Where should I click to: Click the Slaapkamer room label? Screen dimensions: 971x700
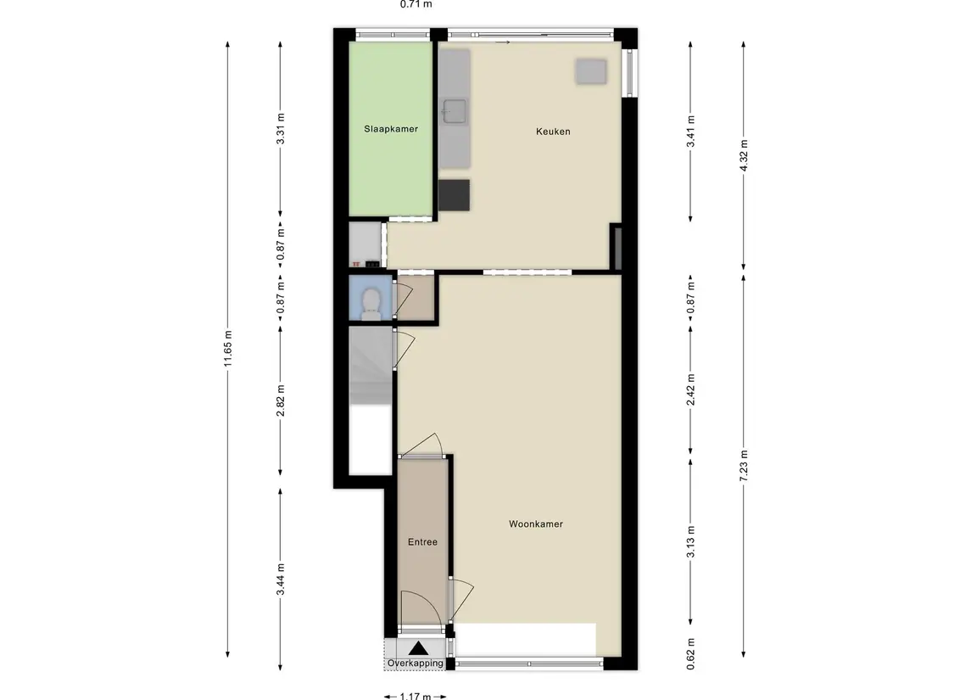391,129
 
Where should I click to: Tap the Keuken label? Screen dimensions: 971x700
553,132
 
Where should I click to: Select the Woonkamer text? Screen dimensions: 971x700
536,524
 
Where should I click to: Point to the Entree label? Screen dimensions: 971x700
422,542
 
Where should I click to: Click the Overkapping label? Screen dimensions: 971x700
416,663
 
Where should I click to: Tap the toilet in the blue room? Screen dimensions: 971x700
371,304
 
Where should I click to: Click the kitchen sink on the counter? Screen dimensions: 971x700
454,111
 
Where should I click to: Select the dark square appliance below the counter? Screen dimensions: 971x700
454,195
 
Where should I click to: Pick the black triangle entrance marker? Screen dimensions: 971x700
419,648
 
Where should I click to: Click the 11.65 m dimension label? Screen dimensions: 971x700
228,350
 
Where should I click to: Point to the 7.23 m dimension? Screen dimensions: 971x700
744,465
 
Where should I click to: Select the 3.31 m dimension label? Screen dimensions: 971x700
281,129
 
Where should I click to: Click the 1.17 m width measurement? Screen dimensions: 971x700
415,696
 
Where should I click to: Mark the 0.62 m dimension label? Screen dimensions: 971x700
691,654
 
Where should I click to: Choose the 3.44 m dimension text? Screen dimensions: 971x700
281,580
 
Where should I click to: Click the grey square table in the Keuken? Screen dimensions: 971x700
591,71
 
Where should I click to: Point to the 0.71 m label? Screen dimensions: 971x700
416,4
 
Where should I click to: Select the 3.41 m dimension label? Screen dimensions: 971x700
691,132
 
